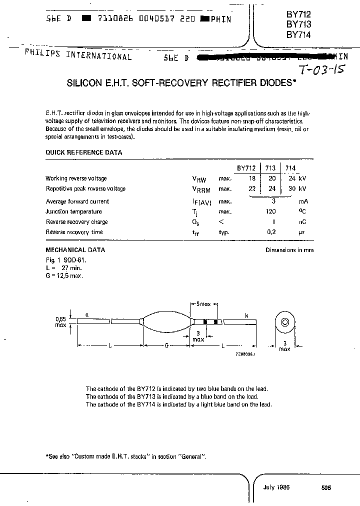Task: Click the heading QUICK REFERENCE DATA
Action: pos(83,152)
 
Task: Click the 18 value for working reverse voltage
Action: pos(252,178)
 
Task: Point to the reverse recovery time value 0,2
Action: pos(272,232)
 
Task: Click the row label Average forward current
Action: pos(77,201)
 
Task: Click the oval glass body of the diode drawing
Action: pos(166,322)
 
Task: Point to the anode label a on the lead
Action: pos(87,315)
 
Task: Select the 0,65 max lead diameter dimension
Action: pos(60,321)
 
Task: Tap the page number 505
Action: pos(326,488)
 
